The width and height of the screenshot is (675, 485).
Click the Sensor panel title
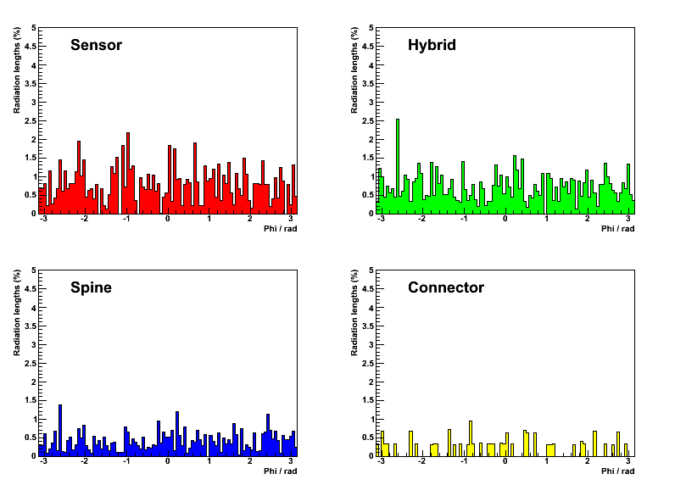(96, 45)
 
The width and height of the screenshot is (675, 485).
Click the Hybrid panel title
(432, 45)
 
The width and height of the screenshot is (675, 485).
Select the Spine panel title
(91, 287)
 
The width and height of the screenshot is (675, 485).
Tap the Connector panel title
(446, 287)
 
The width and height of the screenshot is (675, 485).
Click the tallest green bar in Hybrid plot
(398, 166)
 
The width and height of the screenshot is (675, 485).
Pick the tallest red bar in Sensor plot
(128, 173)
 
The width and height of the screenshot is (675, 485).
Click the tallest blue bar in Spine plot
(60, 431)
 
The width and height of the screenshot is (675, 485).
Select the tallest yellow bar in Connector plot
(471, 438)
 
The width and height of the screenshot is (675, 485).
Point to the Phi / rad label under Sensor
(280, 229)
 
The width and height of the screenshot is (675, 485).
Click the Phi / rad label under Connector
(617, 471)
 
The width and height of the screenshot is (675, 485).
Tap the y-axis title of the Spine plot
(17, 313)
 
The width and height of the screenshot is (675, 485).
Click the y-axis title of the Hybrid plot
(354, 70)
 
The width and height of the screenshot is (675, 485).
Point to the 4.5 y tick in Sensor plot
(31, 47)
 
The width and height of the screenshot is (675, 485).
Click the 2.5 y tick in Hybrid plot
(368, 121)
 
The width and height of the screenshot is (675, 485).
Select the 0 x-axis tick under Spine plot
(167, 461)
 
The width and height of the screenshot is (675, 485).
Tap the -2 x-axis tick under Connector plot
(422, 461)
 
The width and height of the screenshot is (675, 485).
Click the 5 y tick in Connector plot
(371, 270)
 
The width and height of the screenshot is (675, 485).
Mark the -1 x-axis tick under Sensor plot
(126, 219)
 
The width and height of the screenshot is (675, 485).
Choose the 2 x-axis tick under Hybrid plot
(587, 219)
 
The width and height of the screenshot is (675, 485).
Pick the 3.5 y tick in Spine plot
(31, 326)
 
